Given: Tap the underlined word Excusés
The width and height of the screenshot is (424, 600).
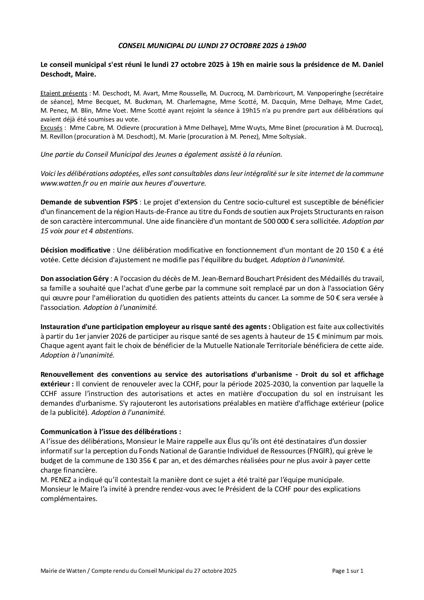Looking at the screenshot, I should pos(51,128).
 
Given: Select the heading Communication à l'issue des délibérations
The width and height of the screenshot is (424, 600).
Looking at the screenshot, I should pos(111,432).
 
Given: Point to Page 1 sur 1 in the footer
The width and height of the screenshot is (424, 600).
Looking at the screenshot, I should pos(348,571).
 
